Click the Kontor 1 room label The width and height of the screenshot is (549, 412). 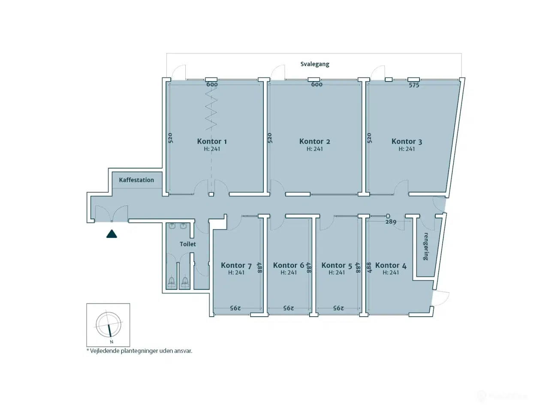click(212, 142)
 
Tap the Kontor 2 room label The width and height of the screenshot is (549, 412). click(315, 142)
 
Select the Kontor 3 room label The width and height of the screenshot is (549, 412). click(407, 142)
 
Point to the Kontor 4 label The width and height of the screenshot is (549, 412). click(391, 265)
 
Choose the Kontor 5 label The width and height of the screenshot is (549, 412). click(337, 265)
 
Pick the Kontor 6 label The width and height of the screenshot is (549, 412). click(288, 265)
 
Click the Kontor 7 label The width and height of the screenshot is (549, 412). click(236, 265)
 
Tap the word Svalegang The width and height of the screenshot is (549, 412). click(315, 64)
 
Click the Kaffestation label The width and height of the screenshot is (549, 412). click(136, 180)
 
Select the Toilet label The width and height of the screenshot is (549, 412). click(187, 244)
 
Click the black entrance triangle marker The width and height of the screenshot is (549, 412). click(112, 234)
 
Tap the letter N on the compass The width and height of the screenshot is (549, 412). click(112, 342)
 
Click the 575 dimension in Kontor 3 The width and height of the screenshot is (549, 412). click(414, 85)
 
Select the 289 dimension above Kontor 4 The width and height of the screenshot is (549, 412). click(391, 221)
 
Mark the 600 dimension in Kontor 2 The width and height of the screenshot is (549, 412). click(317, 85)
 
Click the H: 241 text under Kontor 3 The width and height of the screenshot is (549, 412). click(407, 149)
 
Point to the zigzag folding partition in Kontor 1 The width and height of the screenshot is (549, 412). click(211, 108)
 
